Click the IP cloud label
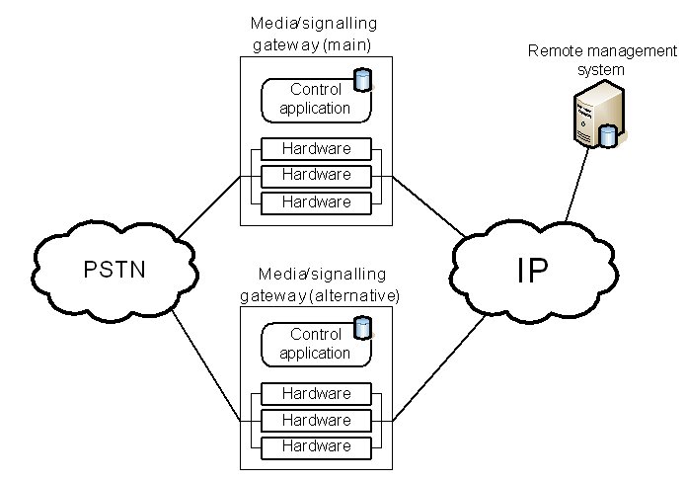coord(532,270)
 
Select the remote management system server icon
coord(596,116)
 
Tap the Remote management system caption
coord(576,59)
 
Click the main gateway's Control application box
coord(315,100)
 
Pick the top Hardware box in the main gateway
coord(316,149)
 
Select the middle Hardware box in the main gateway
coord(316,176)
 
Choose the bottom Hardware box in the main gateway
coord(316,202)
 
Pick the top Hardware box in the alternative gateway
coord(316,394)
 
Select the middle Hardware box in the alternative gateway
coord(316,421)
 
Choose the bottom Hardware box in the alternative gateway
coord(316,447)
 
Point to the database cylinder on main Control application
coord(362,78)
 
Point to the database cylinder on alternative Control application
coord(362,324)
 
